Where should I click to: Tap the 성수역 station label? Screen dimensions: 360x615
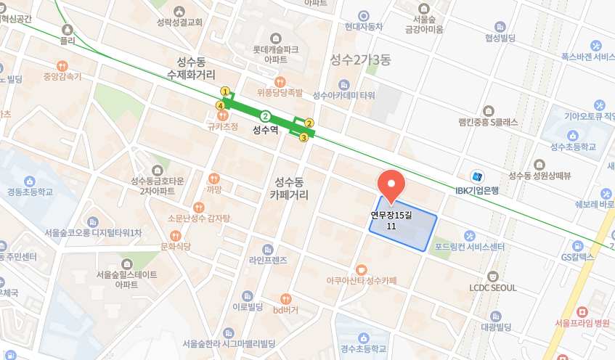(265, 131)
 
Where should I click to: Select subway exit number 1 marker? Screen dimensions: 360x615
(225, 92)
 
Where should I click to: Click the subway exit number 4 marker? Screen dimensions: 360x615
(220, 106)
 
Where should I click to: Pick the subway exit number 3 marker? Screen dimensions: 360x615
(304, 137)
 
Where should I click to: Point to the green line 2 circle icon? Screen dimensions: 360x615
(266, 116)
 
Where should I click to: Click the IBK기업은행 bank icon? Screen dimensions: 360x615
(477, 176)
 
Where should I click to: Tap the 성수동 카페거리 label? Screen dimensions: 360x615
(288, 188)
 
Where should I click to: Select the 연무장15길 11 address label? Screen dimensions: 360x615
(391, 221)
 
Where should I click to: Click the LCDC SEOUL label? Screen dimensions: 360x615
(493, 287)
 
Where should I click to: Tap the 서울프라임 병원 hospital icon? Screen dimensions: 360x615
(582, 311)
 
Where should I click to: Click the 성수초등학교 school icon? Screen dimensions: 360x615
(572, 135)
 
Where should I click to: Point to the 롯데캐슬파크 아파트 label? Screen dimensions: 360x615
(275, 55)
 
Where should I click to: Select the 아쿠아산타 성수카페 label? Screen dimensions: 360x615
(362, 280)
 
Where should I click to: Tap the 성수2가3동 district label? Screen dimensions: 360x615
(360, 59)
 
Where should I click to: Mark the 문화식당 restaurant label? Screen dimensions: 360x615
(175, 247)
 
